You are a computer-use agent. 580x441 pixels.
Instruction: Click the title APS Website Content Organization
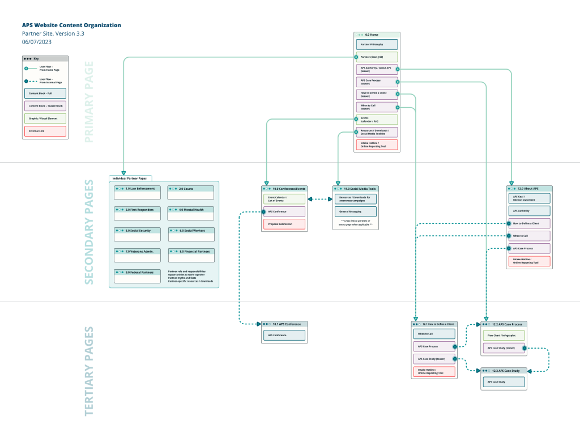pos(71,26)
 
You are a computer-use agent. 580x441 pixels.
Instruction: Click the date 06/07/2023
pos(37,42)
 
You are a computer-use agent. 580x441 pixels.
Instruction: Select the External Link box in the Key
pos(45,132)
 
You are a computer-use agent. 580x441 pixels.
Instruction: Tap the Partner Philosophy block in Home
pos(377,44)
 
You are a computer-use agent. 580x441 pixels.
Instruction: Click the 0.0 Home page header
pos(377,35)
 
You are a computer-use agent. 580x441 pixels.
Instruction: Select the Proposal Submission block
pos(284,224)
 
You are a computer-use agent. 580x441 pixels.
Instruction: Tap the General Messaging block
pos(355,211)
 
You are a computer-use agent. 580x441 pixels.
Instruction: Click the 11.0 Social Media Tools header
pos(355,188)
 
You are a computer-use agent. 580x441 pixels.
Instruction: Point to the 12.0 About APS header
pos(529,188)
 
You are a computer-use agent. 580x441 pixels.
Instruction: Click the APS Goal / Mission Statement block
pos(529,198)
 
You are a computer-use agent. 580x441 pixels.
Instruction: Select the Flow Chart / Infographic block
pos(504,336)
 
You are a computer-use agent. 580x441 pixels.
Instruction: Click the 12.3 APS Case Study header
pos(504,371)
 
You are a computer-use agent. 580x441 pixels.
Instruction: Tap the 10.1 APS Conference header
pos(284,324)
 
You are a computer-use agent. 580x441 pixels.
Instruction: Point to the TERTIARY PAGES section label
pos(89,371)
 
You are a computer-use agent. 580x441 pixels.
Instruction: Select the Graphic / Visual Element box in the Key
pos(45,118)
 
